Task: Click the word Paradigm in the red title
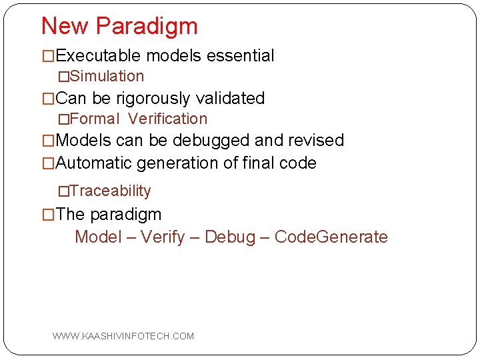click(147, 27)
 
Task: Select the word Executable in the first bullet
click(99, 56)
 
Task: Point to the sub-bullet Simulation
click(107, 77)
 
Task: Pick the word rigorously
click(155, 99)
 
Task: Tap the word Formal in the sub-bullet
click(94, 119)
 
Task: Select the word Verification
click(168, 119)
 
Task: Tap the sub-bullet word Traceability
click(110, 191)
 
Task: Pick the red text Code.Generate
click(331, 237)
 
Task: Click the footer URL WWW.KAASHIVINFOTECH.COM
click(123, 336)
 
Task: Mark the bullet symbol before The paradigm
click(48, 215)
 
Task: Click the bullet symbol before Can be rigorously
click(48, 99)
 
